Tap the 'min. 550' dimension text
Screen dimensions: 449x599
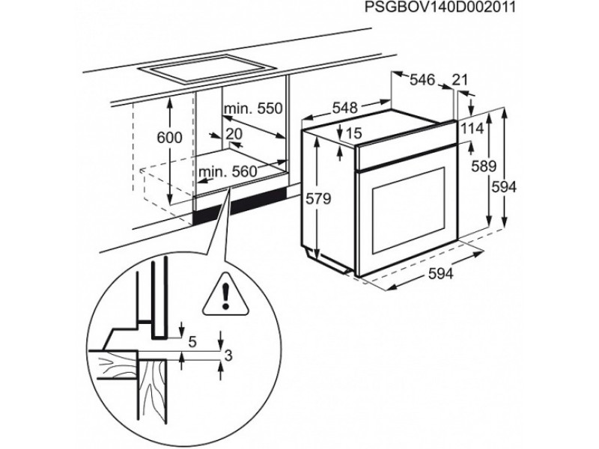click(x=253, y=109)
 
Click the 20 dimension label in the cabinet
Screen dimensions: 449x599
click(x=234, y=133)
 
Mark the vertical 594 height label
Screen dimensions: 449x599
click(x=503, y=187)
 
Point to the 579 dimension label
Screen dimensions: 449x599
click(x=318, y=200)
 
